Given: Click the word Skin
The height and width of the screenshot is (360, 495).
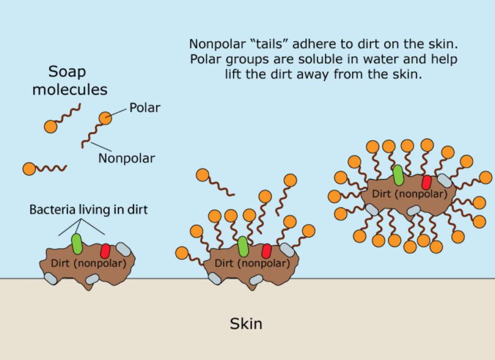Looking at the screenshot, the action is pyautogui.click(x=246, y=324).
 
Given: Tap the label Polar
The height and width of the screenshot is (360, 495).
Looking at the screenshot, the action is pyautogui.click(x=145, y=108).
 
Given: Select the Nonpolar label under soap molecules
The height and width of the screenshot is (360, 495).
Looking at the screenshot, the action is pyautogui.click(x=127, y=158).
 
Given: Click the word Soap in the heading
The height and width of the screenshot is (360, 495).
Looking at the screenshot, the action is pyautogui.click(x=67, y=73).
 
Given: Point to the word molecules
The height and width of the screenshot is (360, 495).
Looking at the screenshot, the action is pyautogui.click(x=70, y=90).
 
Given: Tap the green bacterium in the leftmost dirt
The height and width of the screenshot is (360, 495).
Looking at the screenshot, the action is pyautogui.click(x=77, y=244).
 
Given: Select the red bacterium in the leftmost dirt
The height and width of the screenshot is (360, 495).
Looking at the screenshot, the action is pyautogui.click(x=105, y=251).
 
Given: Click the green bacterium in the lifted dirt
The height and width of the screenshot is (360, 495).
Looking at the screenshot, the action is pyautogui.click(x=398, y=175).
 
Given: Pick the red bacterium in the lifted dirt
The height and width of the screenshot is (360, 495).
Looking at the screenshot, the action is pyautogui.click(x=426, y=182).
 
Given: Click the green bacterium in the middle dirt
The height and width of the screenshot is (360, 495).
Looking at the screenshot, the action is pyautogui.click(x=243, y=246).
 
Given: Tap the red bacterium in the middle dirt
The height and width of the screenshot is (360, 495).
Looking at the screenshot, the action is pyautogui.click(x=266, y=251).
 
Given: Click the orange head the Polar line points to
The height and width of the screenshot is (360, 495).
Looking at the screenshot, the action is pyautogui.click(x=105, y=118).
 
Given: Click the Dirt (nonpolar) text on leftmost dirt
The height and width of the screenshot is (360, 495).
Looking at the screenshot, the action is pyautogui.click(x=88, y=263).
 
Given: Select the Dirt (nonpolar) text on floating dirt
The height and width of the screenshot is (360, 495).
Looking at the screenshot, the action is pyautogui.click(x=410, y=194).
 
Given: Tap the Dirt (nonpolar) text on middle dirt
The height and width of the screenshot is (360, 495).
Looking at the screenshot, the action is pyautogui.click(x=252, y=263).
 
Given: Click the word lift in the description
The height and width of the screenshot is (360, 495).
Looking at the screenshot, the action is pyautogui.click(x=233, y=75).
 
